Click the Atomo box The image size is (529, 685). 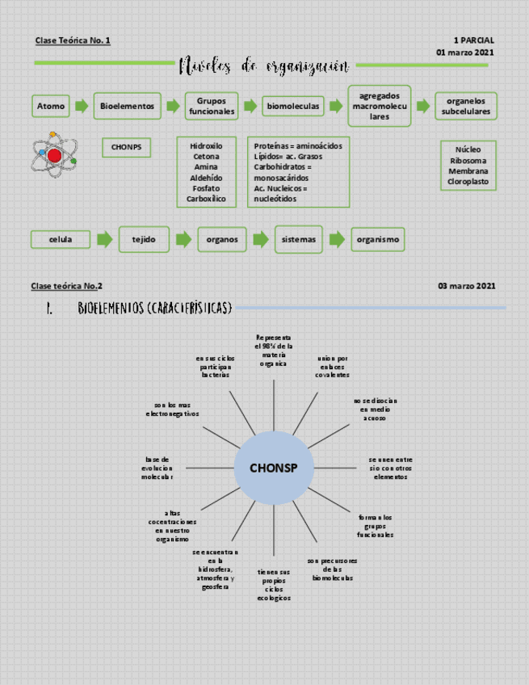click(x=50, y=106)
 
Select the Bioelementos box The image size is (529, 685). click(x=128, y=106)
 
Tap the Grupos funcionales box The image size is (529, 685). click(x=212, y=106)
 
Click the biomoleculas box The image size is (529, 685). click(x=293, y=106)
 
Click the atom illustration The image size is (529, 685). click(x=54, y=153)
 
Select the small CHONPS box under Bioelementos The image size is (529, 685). click(x=126, y=147)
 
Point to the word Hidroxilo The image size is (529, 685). click(x=206, y=146)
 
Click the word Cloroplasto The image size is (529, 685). click(x=468, y=183)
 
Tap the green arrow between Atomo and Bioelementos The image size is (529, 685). click(x=81, y=106)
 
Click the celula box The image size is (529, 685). click(x=61, y=239)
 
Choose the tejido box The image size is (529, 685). click(x=145, y=239)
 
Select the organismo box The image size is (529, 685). click(x=377, y=239)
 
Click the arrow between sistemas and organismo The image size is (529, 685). click(x=337, y=239)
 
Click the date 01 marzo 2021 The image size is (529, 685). click(x=465, y=53)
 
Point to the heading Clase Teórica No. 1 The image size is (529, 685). click(x=73, y=40)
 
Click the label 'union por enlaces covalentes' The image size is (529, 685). click(x=333, y=367)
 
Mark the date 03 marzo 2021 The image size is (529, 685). click(x=467, y=286)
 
